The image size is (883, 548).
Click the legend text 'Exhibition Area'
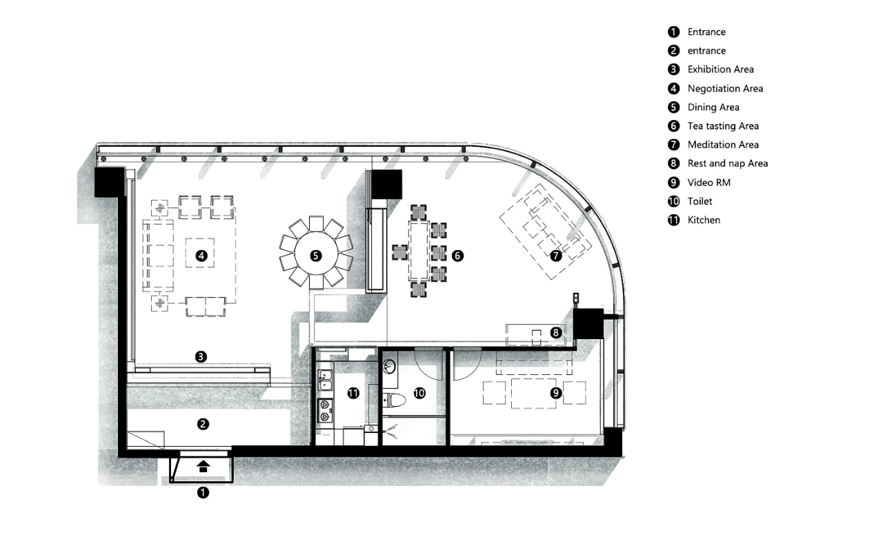click(720, 70)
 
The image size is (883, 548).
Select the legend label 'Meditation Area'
click(723, 145)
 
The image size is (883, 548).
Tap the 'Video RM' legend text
click(708, 183)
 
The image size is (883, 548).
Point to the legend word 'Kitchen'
click(704, 220)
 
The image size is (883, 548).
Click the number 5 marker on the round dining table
click(316, 256)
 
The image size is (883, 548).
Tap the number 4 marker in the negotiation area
click(201, 256)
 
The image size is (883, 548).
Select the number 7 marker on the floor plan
click(556, 256)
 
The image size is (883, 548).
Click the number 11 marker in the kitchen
click(353, 393)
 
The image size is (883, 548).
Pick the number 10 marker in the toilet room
click(419, 393)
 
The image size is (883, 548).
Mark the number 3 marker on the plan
click(201, 357)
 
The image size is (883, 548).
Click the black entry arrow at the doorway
click(203, 467)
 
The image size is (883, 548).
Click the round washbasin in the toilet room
click(389, 367)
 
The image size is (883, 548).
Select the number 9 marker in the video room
click(556, 393)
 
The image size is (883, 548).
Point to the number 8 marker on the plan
click(556, 332)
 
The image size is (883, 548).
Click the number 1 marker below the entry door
click(203, 492)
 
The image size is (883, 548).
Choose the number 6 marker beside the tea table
click(457, 256)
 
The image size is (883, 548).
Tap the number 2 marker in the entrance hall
click(203, 425)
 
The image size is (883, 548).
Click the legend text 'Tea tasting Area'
click(723, 126)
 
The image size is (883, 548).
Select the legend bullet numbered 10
click(674, 201)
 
